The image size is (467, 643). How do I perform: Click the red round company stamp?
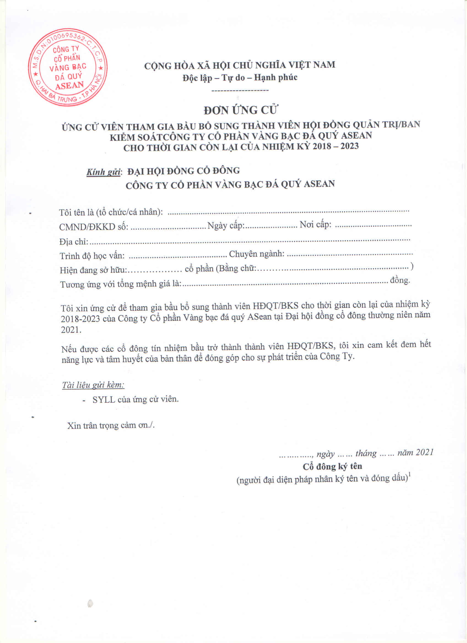pyautogui.click(x=68, y=67)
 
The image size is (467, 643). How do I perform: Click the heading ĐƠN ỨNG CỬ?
pyautogui.click(x=240, y=110)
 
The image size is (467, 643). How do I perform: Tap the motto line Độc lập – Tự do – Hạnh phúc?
pyautogui.click(x=240, y=77)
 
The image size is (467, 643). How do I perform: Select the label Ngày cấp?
pyautogui.click(x=226, y=225)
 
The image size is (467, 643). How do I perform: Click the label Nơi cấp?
pyautogui.click(x=315, y=225)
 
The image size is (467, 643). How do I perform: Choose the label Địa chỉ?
pyautogui.click(x=74, y=242)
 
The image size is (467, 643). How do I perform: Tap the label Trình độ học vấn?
pyautogui.click(x=92, y=256)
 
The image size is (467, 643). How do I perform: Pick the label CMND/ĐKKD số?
pyautogui.click(x=94, y=227)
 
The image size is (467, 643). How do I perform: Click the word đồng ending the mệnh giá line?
pyautogui.click(x=400, y=280)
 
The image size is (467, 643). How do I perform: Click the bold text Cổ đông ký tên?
pyautogui.click(x=332, y=466)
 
